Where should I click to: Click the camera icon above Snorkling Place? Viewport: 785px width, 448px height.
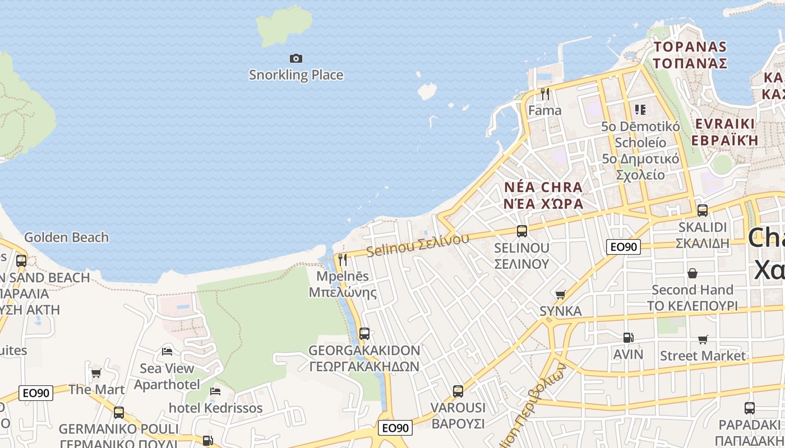(296, 58)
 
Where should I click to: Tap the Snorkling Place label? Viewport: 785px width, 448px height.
(296, 75)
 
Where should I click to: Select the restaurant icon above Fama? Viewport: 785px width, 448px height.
(545, 94)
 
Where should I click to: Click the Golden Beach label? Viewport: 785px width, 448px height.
(66, 237)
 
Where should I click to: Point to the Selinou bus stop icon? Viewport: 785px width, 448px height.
(522, 231)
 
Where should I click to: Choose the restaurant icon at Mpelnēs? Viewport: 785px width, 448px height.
(343, 260)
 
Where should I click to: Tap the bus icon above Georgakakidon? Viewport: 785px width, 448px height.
(364, 334)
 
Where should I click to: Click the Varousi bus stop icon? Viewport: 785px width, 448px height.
(458, 391)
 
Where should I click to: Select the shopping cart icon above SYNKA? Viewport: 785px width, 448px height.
(560, 295)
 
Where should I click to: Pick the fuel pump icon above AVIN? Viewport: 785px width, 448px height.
(628, 338)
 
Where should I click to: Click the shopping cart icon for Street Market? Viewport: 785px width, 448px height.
(703, 339)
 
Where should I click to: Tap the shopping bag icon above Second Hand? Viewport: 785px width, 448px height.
(692, 273)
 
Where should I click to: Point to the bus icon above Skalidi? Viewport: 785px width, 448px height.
(703, 211)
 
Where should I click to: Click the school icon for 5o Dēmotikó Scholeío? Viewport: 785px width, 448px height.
(640, 109)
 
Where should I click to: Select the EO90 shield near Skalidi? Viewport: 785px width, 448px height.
(624, 247)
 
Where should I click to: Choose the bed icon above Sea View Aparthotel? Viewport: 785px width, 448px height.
(167, 352)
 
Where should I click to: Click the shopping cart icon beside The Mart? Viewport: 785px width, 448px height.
(96, 373)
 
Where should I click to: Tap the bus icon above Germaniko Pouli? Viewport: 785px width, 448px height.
(119, 413)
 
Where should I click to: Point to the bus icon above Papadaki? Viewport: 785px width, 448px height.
(750, 408)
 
